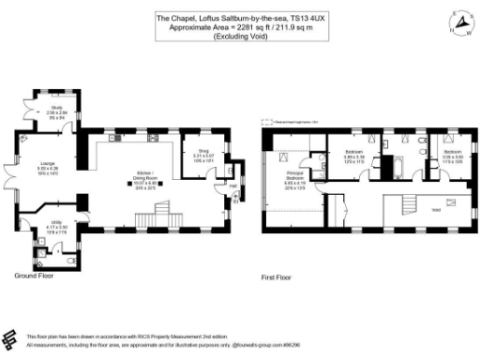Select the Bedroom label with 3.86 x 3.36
pyautogui.click(x=353, y=155)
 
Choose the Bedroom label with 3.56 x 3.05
pyautogui.click(x=452, y=154)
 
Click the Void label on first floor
pyautogui.click(x=435, y=211)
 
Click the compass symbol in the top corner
pyautogui.click(x=461, y=22)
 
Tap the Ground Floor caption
pyautogui.click(x=34, y=277)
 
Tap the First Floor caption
pyautogui.click(x=278, y=277)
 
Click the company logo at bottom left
pyautogui.click(x=11, y=338)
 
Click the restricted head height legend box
pyautogui.click(x=267, y=120)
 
